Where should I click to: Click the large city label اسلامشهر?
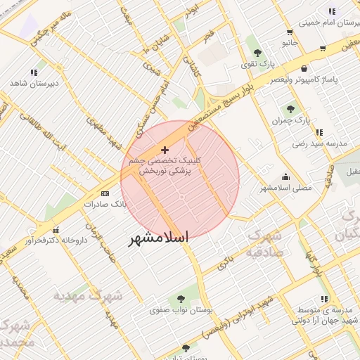(x=158, y=238)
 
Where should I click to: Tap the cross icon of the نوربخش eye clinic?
(x=165, y=150)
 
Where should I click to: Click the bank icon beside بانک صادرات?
(x=105, y=193)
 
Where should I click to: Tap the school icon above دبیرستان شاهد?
(x=34, y=72)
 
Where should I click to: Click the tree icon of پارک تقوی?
(x=257, y=53)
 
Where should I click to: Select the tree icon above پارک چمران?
(x=290, y=109)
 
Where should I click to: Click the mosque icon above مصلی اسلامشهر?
(x=285, y=176)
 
